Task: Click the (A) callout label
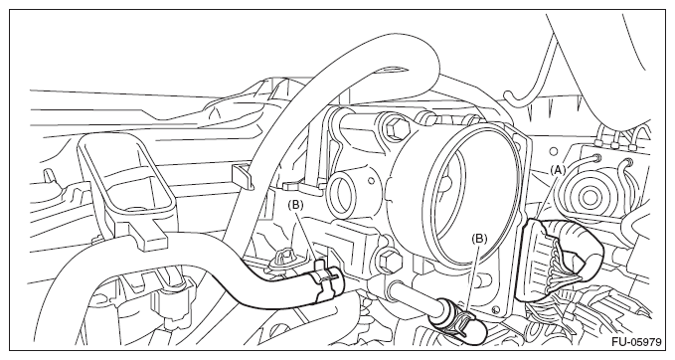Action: click(558, 170)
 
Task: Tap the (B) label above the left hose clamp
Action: click(295, 205)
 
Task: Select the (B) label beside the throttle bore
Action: click(479, 238)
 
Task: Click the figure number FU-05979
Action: click(636, 342)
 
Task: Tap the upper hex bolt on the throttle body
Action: click(396, 128)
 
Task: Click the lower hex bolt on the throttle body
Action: click(388, 261)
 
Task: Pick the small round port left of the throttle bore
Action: click(342, 193)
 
